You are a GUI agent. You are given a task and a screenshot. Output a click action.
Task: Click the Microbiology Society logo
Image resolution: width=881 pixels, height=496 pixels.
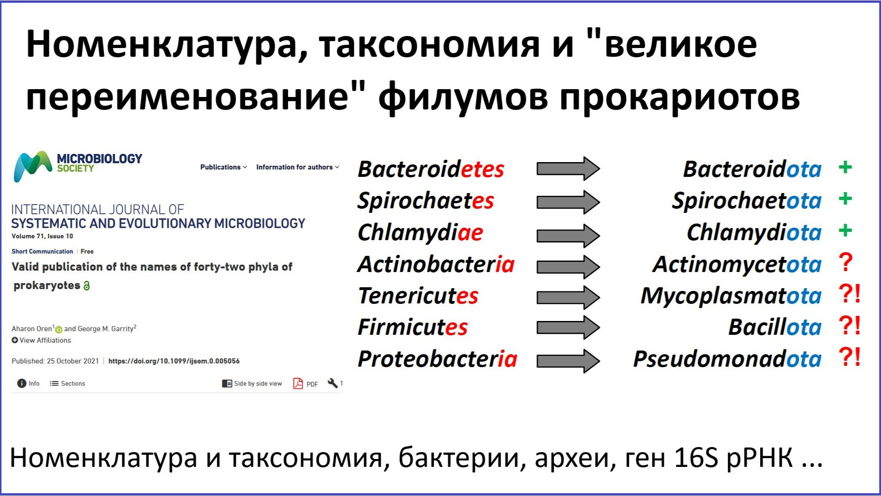78,166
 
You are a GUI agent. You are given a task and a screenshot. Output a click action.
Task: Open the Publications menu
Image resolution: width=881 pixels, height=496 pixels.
223,167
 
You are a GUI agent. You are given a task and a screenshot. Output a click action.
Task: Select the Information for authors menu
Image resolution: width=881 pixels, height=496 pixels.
298,167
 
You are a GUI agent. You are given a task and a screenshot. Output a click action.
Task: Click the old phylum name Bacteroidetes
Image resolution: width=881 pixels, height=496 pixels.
431,169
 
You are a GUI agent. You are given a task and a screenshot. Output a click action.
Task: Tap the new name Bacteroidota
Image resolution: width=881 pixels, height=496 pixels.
752,169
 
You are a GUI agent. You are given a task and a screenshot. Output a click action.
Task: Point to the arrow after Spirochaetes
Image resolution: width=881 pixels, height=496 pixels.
568,202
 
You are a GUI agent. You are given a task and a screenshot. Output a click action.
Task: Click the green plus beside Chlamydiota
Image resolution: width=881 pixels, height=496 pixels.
845,230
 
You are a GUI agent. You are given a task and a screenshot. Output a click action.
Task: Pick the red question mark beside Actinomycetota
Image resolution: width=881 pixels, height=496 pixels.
845,262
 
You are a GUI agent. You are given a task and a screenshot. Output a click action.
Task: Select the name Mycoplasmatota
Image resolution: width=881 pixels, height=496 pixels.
731,296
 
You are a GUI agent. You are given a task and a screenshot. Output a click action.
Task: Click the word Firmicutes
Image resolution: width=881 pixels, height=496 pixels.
413,327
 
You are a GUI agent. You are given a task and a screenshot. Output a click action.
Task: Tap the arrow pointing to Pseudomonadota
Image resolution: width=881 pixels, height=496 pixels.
568,361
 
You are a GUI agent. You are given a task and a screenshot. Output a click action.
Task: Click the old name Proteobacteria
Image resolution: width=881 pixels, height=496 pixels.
437,359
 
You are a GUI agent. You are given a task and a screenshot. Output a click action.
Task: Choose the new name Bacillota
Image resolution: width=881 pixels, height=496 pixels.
775,327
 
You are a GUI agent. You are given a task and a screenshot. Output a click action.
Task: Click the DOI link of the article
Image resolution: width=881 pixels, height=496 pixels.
174,361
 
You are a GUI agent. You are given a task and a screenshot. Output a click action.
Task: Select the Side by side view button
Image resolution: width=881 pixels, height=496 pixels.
252,383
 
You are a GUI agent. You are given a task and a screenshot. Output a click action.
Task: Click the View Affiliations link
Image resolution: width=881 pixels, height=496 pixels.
42,340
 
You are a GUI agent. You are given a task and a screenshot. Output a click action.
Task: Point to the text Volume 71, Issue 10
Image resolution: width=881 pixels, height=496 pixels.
42,236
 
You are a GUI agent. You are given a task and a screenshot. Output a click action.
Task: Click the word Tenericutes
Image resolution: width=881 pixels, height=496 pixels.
418,296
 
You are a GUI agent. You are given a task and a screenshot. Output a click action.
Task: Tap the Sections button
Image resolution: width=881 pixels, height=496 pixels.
67,383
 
